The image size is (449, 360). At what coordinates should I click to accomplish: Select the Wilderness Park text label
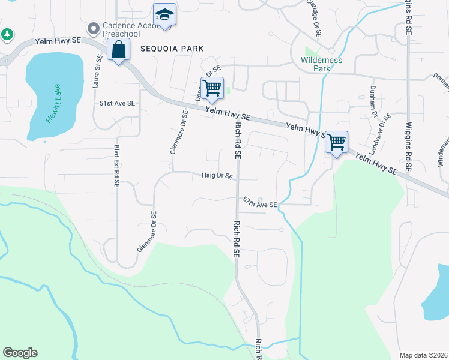point(321,64)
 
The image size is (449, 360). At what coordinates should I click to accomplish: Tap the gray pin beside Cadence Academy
point(93,28)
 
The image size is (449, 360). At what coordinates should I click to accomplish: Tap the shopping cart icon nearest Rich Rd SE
point(212,88)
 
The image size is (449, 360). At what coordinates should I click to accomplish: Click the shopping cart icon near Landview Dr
point(336,142)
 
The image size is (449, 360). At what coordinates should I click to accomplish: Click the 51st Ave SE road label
point(117,103)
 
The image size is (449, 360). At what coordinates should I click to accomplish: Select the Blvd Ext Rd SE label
point(116,165)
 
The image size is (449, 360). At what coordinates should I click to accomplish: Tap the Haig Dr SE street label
point(217,176)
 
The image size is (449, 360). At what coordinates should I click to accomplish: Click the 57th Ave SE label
point(260,205)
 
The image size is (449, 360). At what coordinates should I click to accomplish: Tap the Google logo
point(20,353)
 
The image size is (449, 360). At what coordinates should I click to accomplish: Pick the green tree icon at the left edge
point(7,35)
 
